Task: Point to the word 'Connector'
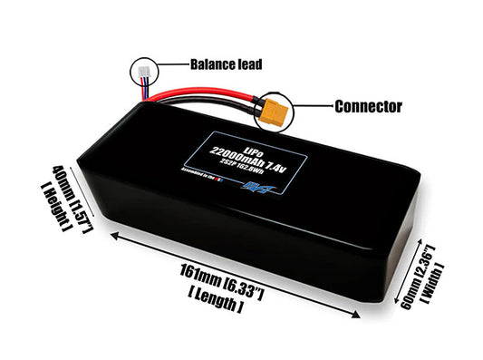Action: (x=368, y=106)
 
